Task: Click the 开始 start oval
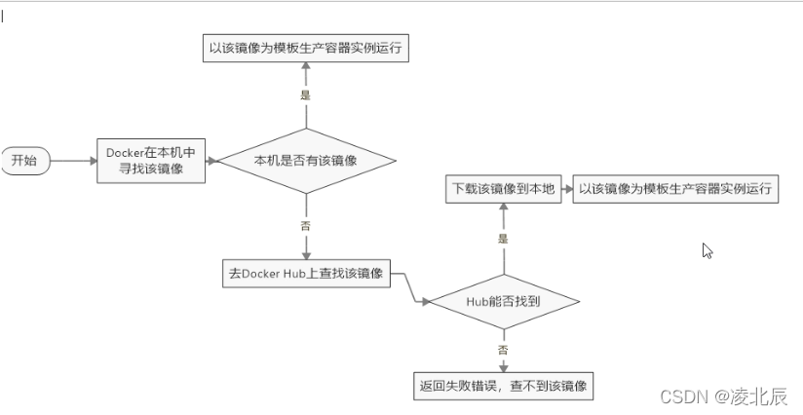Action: (23, 161)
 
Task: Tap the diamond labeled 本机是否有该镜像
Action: (306, 161)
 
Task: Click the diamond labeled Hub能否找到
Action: (503, 302)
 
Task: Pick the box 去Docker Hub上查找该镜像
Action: (306, 275)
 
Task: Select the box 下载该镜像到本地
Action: (503, 189)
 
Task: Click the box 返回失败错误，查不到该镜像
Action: (503, 386)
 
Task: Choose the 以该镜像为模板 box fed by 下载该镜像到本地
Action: (675, 189)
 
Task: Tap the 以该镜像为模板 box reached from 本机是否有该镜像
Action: (306, 48)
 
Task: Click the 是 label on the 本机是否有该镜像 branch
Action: (306, 95)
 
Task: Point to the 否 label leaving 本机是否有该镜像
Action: (306, 225)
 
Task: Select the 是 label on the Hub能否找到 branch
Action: (503, 238)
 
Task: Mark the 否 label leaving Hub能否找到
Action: (503, 348)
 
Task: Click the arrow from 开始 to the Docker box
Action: (72, 161)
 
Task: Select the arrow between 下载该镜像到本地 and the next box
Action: (565, 189)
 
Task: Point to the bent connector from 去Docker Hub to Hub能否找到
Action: (409, 289)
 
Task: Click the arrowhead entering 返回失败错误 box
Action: (503, 367)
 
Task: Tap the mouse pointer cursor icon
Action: (707, 250)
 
